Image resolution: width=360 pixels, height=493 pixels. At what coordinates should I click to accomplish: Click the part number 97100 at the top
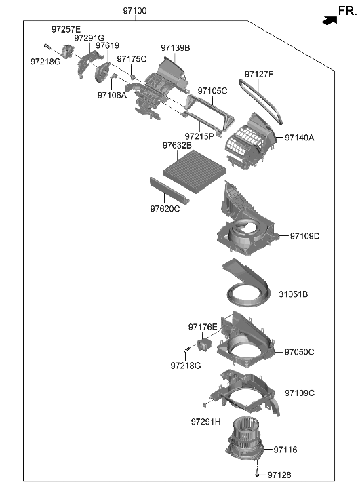point(134,12)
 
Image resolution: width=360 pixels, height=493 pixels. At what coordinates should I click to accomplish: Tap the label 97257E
point(66,29)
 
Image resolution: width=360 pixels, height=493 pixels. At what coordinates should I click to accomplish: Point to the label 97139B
point(175,48)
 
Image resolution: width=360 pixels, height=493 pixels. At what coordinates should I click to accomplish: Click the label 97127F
point(259,74)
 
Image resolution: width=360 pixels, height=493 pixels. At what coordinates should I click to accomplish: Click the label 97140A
point(300,138)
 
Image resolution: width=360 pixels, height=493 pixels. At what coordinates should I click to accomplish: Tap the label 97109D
point(304,236)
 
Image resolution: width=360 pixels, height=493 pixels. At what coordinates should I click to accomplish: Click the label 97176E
point(203,327)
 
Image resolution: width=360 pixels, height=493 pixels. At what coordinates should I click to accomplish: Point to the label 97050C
point(299,352)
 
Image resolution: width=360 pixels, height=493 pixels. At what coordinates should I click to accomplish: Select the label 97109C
point(299,393)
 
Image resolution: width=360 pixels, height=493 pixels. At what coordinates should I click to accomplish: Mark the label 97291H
point(205,422)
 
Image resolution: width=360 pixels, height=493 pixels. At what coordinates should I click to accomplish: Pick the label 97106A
point(112,96)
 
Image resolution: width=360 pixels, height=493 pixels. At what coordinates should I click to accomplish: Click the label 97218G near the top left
point(45,62)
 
